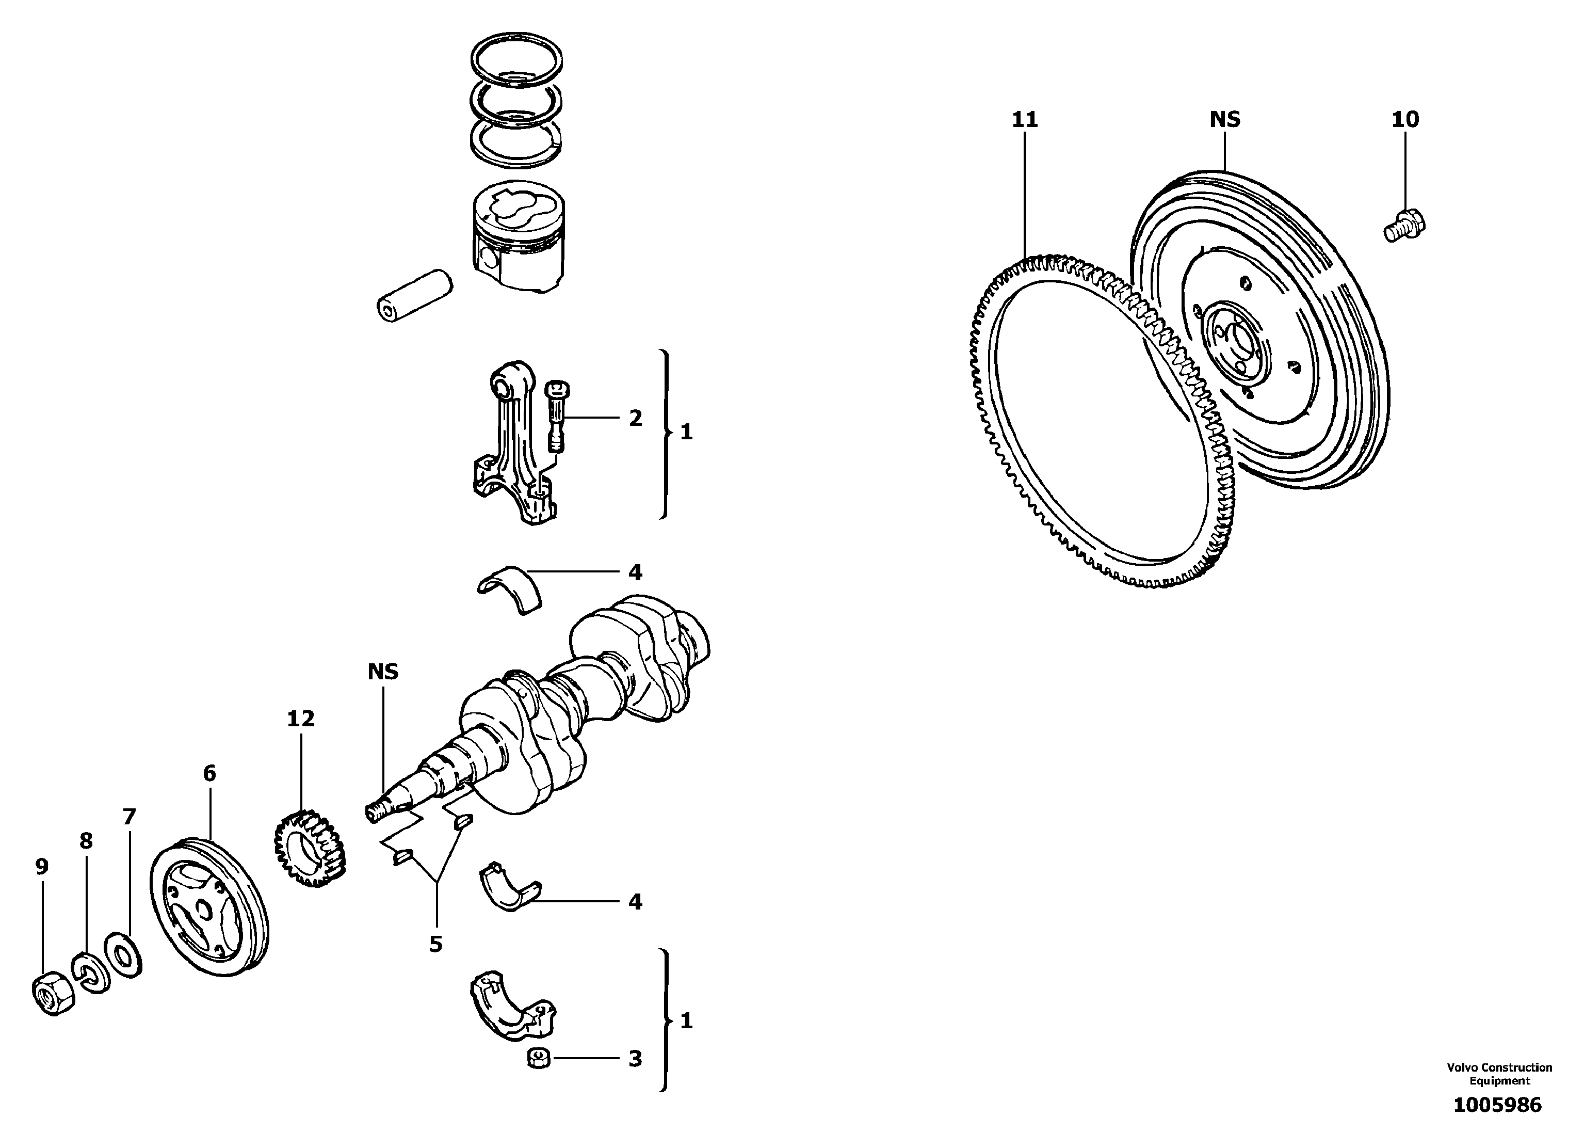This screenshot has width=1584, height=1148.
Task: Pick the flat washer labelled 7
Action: tap(124, 954)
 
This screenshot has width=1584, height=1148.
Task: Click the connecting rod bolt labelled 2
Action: tap(557, 417)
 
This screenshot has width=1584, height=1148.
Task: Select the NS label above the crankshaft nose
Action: tap(383, 672)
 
